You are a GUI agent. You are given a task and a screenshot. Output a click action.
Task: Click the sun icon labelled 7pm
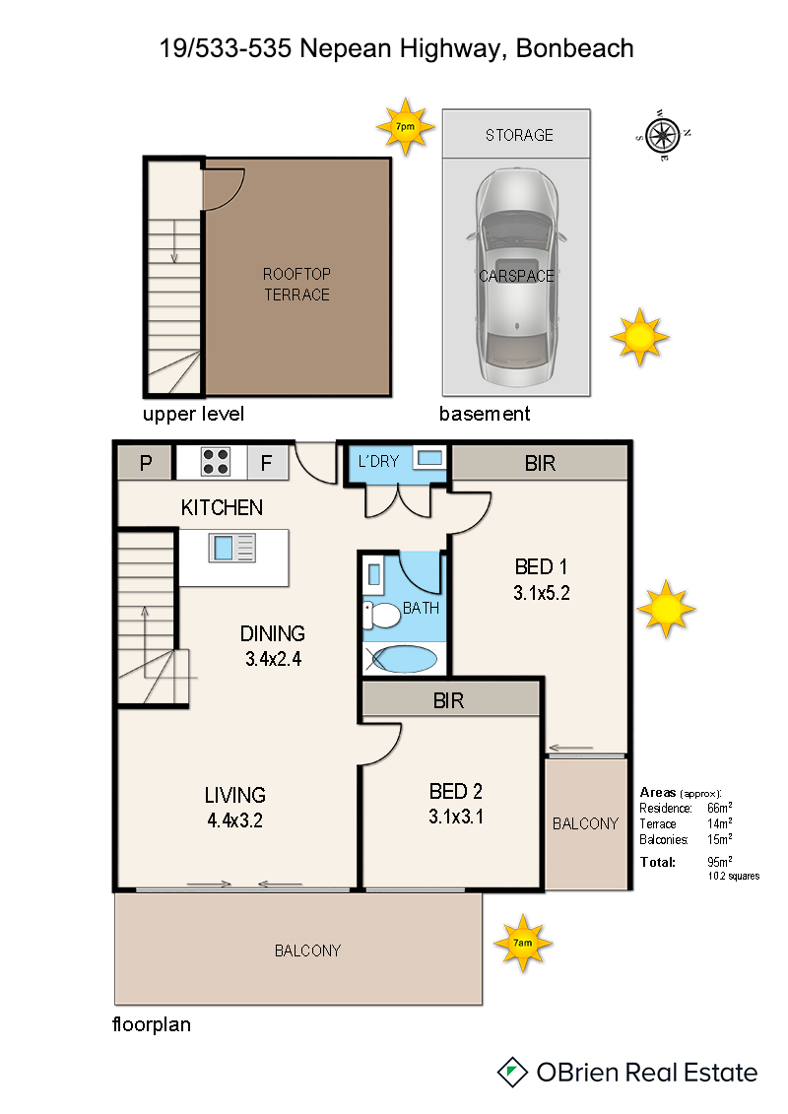point(405,126)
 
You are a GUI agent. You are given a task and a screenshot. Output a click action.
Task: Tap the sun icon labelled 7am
point(523,943)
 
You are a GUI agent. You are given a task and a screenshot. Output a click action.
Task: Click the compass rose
point(663,134)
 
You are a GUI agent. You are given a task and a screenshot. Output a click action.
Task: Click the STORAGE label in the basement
point(519,135)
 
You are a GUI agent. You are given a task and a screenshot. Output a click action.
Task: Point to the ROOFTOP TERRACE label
point(297,285)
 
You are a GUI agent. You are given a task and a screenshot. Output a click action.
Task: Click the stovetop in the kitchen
point(216,461)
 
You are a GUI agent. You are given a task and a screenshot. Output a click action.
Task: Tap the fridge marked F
point(267,463)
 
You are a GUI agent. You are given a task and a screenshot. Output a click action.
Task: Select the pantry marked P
point(146,463)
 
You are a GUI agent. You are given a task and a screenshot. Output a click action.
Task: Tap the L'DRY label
point(378,462)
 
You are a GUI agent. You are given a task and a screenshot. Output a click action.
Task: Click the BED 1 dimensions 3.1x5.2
point(542,593)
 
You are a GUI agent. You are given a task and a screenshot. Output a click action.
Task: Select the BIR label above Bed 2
point(448,701)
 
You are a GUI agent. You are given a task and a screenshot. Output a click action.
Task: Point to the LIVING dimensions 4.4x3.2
point(235,820)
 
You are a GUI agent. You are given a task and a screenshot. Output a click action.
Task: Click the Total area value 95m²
point(719,861)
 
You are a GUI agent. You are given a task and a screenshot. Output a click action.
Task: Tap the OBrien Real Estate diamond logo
point(511,1072)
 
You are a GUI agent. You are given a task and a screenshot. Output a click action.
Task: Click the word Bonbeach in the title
point(575,48)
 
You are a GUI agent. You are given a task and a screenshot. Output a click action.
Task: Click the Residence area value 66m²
point(720,807)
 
